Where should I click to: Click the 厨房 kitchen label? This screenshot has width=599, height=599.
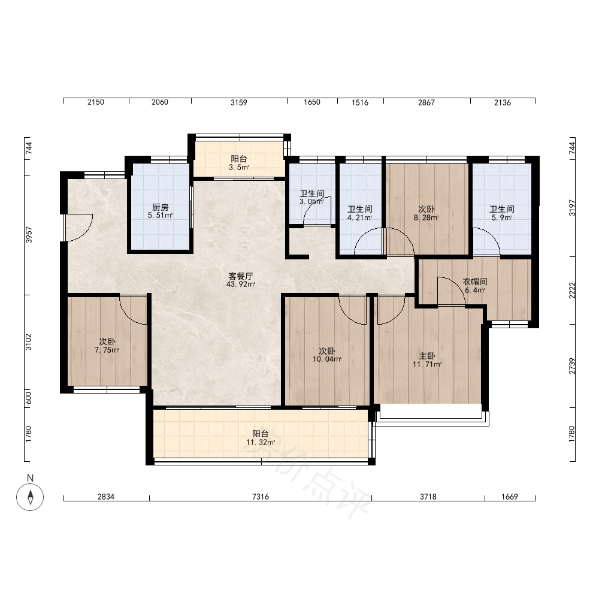coord(160,207)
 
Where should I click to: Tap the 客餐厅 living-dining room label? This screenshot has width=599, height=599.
coord(241,276)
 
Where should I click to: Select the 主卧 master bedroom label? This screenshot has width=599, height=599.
coord(426,356)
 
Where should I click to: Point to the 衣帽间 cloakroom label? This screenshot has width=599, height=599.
coord(475,282)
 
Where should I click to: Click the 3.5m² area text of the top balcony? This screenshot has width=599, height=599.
coord(239,167)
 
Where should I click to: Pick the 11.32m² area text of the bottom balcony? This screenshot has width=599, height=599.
coord(261,443)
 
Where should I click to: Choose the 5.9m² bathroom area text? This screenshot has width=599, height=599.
coord(502,218)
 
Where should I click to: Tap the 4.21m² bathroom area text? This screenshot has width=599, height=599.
coord(360,218)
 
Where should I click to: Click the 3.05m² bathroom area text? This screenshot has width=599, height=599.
coord(311,202)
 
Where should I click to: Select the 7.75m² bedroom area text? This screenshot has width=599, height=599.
coord(107,350)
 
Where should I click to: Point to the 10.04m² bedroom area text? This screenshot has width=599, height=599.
coord(327,359)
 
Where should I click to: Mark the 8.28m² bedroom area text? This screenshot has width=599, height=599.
coord(426,218)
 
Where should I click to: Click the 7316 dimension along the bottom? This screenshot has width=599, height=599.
coord(261,497)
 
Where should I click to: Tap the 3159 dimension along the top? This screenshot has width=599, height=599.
coord(239,102)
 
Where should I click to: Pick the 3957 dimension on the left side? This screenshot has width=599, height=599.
coord(29,235)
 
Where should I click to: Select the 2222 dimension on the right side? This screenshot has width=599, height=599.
coord(572,291)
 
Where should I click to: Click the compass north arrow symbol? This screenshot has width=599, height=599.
coord(30,497)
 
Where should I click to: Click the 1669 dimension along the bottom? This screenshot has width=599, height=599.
coord(510,497)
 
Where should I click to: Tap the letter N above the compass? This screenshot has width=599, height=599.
coord(30,478)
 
